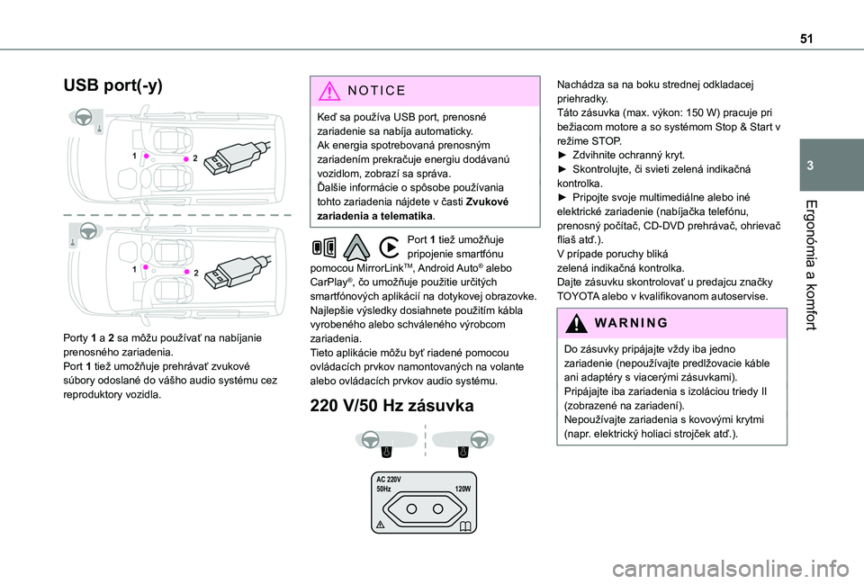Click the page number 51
[x=806, y=39]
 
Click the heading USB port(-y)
[x=113, y=86]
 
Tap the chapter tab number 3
[x=810, y=166]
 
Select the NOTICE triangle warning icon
[x=329, y=91]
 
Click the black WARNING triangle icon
[x=576, y=323]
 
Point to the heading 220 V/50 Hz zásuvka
[x=391, y=406]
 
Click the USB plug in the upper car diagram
[x=237, y=157]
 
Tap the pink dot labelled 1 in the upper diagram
[x=146, y=156]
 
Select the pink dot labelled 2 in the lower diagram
[x=187, y=272]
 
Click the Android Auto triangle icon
[x=356, y=247]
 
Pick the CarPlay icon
[x=390, y=247]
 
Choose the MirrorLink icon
[x=324, y=247]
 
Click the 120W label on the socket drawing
[x=463, y=489]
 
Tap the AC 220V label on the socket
[x=389, y=480]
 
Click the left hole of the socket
[x=411, y=508]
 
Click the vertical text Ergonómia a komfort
[x=810, y=265]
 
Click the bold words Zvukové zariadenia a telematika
[x=413, y=209]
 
